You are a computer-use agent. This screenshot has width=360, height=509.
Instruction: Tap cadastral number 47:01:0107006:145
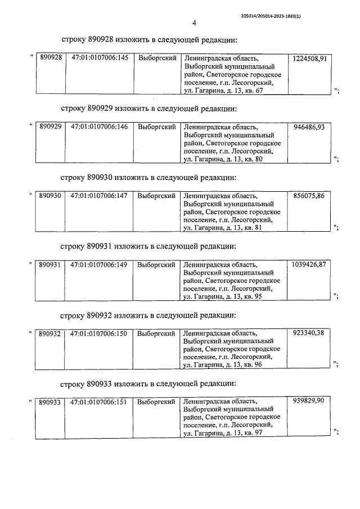click(100, 58)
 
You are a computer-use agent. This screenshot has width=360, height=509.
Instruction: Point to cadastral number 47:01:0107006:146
click(100, 127)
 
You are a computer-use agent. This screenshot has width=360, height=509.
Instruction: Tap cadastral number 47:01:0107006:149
click(100, 264)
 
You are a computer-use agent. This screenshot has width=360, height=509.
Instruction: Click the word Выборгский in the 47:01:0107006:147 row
click(157, 196)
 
